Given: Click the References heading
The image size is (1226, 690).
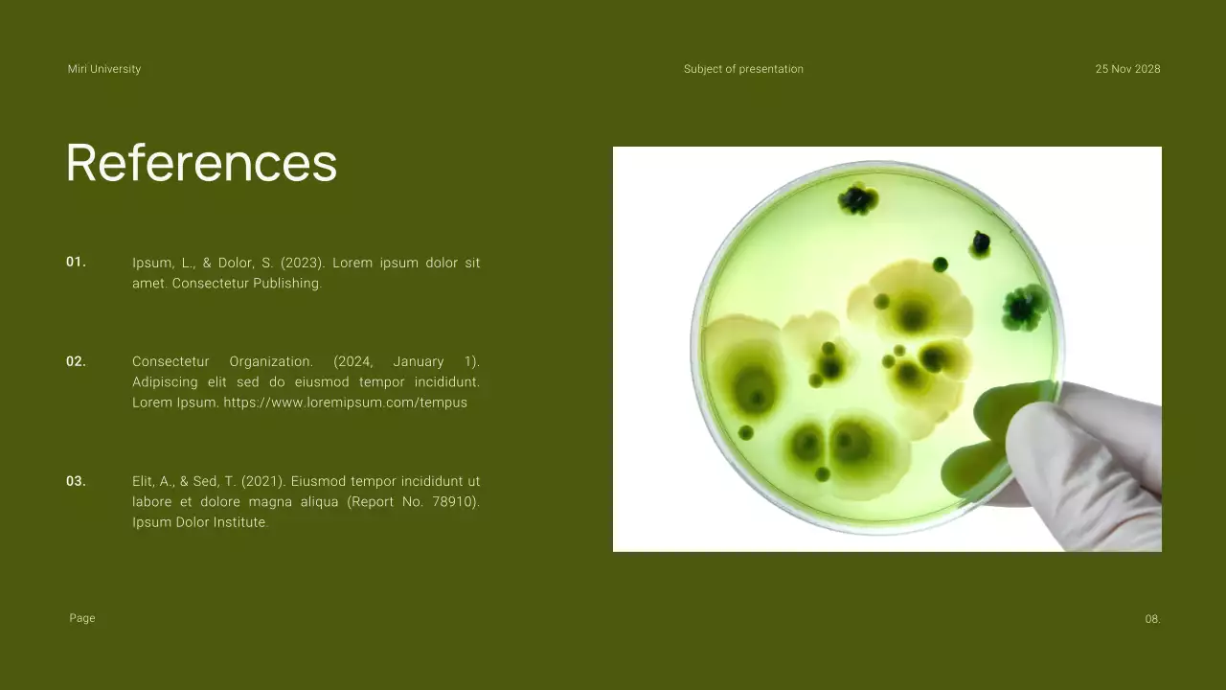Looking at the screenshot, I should pyautogui.click(x=201, y=162).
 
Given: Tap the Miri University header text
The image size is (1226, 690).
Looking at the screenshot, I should pyautogui.click(x=104, y=69).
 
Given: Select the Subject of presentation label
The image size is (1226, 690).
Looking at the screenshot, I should pyautogui.click(x=743, y=69).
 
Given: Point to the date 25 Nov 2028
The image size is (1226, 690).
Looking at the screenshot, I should pyautogui.click(x=1127, y=69).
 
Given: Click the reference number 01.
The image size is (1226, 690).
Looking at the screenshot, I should pyautogui.click(x=76, y=262).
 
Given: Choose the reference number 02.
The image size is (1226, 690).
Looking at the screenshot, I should pyautogui.click(x=76, y=361).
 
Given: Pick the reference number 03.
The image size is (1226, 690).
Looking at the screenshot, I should pyautogui.click(x=76, y=481).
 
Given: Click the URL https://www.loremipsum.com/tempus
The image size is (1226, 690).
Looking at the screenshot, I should pyautogui.click(x=345, y=402).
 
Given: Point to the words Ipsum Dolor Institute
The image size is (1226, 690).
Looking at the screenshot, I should pyautogui.click(x=199, y=522).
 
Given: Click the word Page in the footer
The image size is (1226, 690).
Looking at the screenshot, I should pyautogui.click(x=82, y=618).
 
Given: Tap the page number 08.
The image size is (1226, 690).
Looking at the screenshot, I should pyautogui.click(x=1152, y=619).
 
